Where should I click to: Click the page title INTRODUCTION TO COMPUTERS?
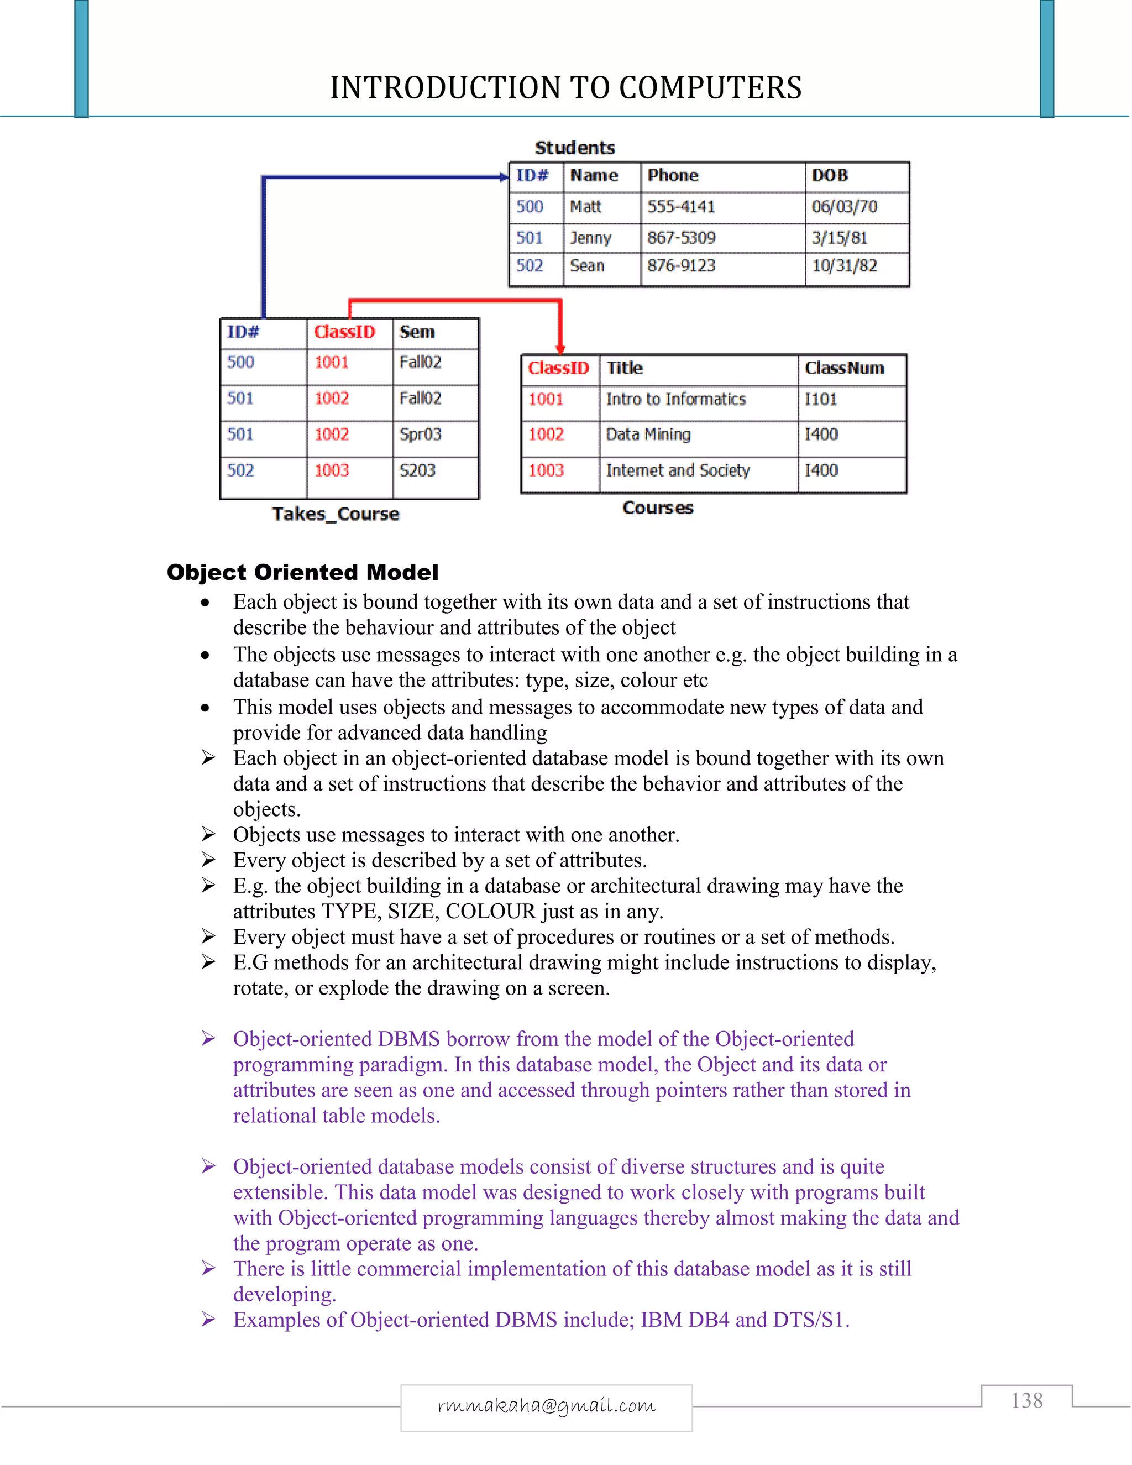565,88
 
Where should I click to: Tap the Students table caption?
575,148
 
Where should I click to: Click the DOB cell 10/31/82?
845,265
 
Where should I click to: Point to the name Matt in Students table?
585,207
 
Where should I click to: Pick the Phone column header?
673,176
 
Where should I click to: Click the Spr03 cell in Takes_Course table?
421,434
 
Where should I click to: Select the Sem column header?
416,332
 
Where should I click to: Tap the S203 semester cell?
417,470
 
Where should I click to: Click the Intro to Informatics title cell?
675,399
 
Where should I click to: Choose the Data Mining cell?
648,435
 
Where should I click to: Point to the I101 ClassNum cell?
821,399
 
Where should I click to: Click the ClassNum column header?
845,368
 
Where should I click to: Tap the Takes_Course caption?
336,514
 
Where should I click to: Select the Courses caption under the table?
658,508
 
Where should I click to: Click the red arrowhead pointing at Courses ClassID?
560,348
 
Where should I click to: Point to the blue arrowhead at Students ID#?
504,177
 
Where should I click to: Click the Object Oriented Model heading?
302,572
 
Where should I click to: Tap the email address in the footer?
546,1405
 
